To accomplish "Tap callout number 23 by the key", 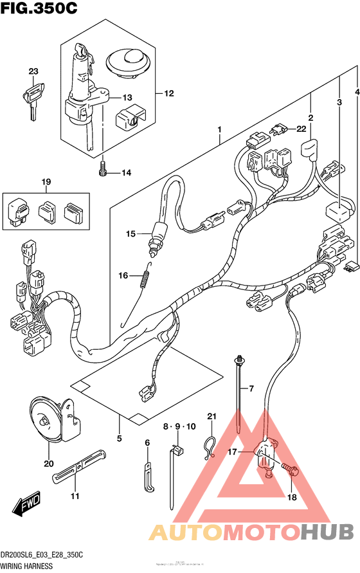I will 33,71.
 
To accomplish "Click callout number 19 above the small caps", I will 46,182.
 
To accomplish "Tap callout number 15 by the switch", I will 130,233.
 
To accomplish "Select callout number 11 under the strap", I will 75,496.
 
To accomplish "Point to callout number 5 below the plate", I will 120,439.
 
